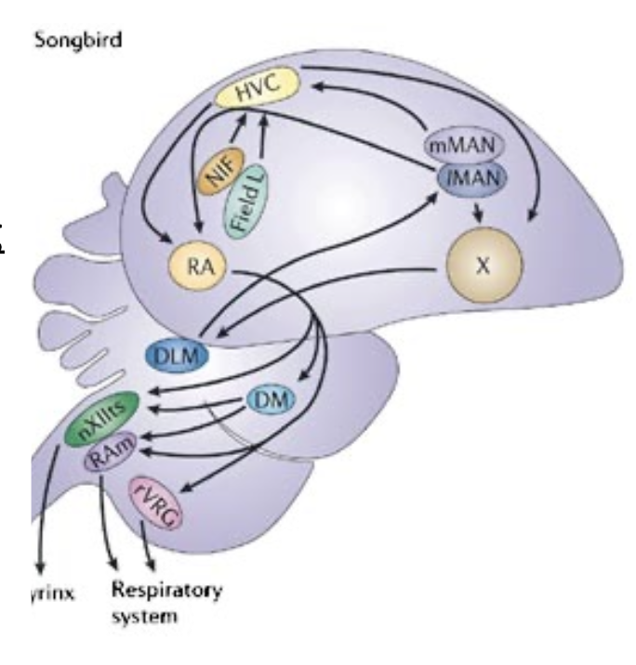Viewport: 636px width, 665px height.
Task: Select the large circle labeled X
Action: pyautogui.click(x=481, y=264)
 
